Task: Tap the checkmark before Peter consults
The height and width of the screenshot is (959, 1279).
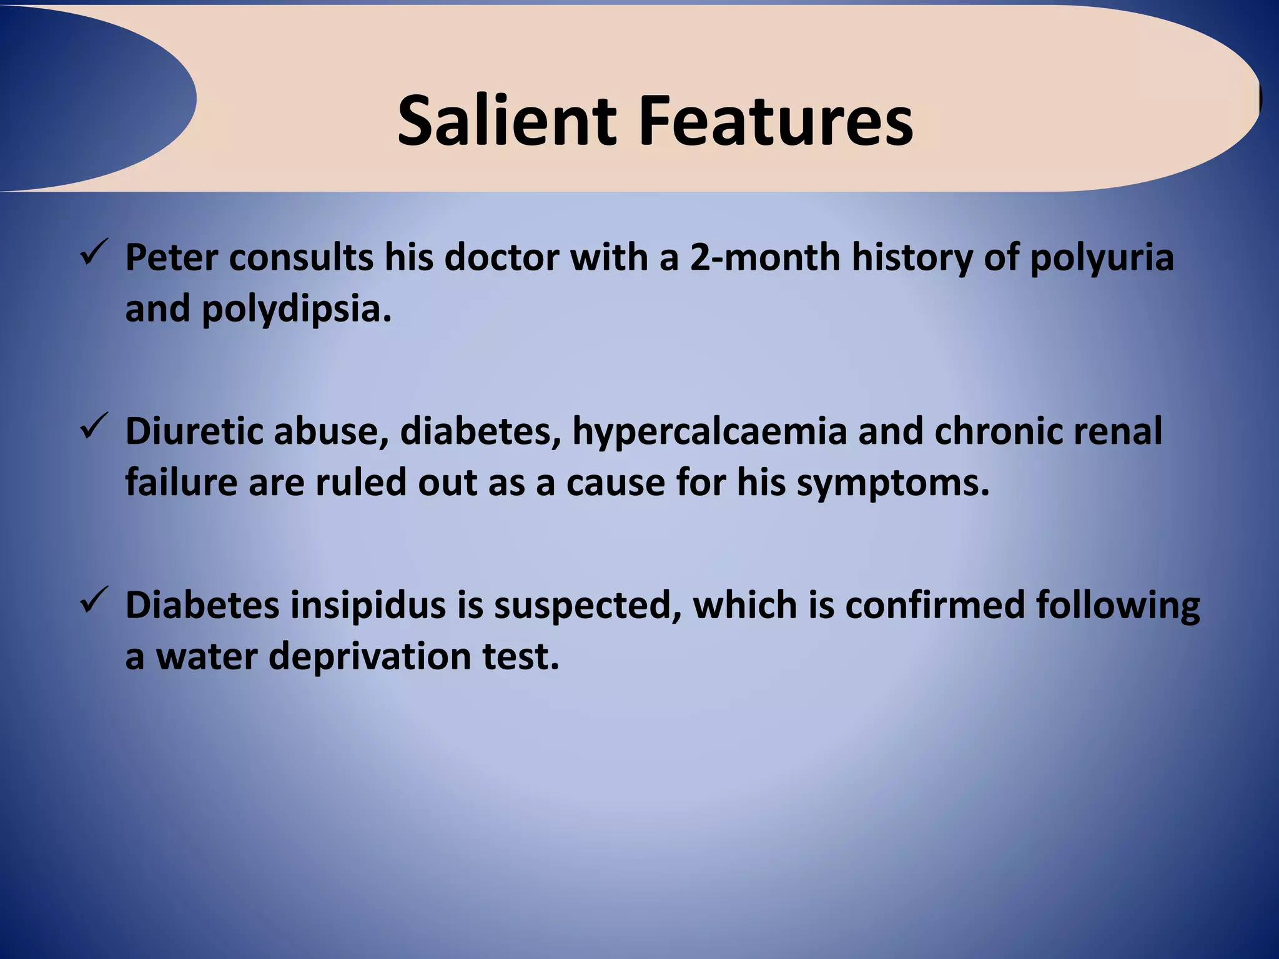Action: (95, 252)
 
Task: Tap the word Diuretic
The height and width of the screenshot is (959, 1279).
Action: (193, 431)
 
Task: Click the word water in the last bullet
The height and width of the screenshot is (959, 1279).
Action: (206, 657)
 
